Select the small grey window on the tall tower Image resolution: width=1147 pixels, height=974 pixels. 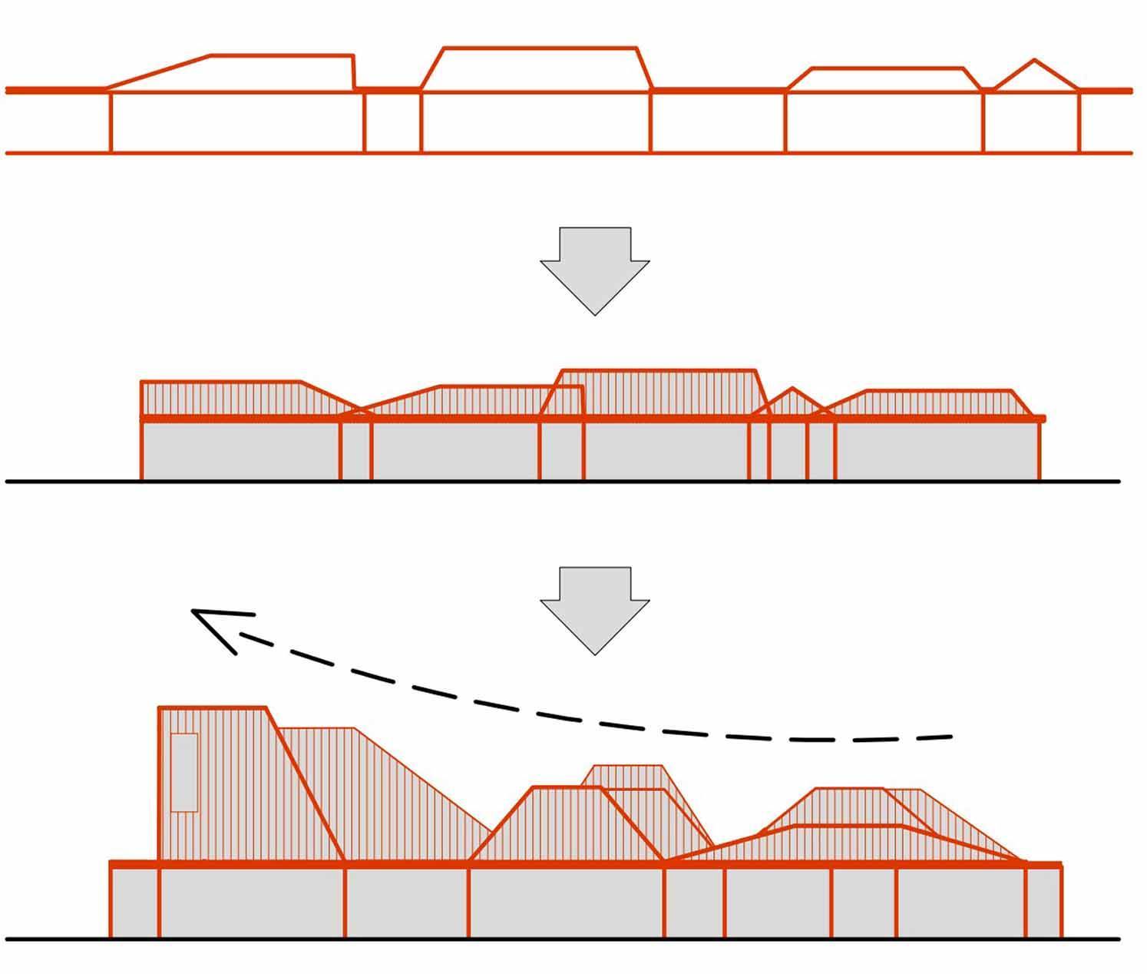coord(184,772)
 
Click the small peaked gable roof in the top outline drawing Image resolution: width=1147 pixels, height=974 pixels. coord(1035,77)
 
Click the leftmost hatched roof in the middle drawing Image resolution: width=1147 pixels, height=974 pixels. coord(230,398)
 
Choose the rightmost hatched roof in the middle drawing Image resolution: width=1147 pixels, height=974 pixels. coord(937,403)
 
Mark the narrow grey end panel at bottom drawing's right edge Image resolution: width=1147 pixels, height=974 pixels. coord(1044,903)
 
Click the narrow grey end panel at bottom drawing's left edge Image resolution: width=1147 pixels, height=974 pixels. coord(134,903)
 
